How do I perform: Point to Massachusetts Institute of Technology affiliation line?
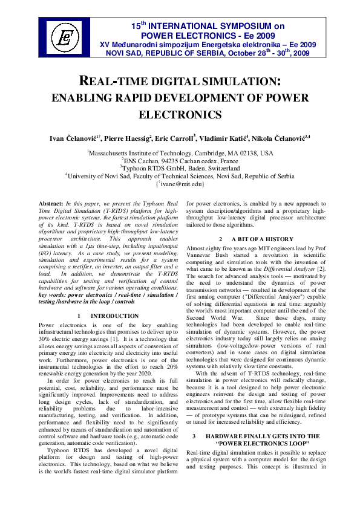pyautogui.click(x=180, y=154)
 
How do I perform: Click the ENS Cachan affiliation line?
pyautogui.click(x=180, y=162)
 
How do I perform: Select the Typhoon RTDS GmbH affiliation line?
pyautogui.click(x=180, y=169)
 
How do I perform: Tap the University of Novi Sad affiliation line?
pyautogui.click(x=180, y=176)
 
